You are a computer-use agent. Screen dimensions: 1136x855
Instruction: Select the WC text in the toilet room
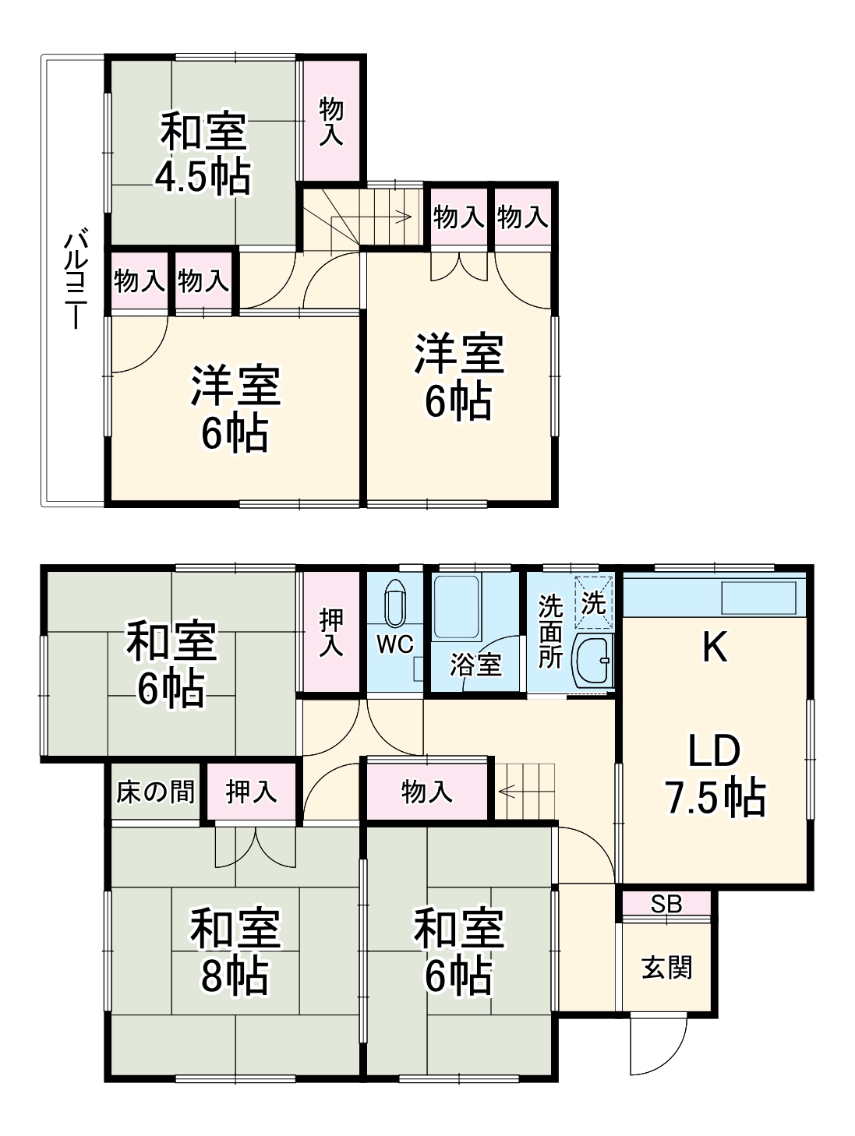click(396, 644)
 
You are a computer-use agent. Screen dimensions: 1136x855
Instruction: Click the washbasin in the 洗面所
click(593, 661)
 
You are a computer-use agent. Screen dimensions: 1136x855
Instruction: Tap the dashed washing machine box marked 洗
click(594, 601)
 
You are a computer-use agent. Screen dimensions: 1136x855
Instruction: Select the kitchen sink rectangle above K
click(758, 598)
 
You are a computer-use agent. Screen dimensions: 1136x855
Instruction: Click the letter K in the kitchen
click(715, 646)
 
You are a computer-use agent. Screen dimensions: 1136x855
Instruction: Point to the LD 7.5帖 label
click(714, 774)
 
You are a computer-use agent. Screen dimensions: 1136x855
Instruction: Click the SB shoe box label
click(666, 904)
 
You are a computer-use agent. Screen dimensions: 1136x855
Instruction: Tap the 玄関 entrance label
click(666, 968)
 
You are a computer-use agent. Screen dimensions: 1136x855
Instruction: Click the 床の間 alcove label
click(155, 792)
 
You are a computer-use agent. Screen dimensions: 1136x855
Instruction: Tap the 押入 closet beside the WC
click(331, 631)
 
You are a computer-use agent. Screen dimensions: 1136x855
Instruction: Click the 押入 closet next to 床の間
click(251, 792)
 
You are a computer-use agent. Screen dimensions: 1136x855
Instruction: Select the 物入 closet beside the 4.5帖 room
click(331, 121)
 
